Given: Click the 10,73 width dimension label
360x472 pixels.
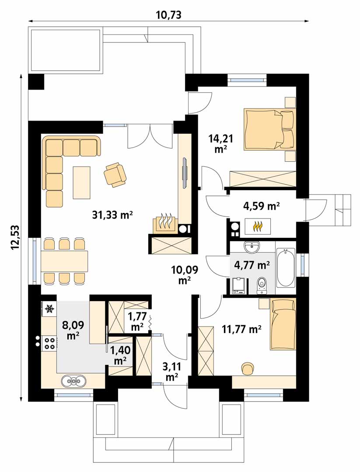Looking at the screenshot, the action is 169,14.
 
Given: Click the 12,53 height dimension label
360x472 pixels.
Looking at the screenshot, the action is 15,237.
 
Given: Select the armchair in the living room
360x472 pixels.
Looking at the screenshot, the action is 115,174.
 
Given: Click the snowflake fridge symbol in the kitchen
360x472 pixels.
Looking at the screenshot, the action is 49,309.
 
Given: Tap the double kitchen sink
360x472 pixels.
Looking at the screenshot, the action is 74,381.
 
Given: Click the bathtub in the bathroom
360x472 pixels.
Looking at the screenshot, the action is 285,268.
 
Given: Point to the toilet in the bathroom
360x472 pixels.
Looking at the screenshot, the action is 261,286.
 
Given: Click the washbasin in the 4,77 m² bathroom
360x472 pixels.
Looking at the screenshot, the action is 251,247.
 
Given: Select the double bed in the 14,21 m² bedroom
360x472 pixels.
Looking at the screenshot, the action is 269,129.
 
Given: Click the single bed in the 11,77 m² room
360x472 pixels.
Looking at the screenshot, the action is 283,324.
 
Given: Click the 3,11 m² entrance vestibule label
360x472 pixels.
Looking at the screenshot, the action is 171,371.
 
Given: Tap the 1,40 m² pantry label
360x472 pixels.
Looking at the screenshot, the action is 120,355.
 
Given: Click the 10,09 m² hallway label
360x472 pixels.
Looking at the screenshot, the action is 185,274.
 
